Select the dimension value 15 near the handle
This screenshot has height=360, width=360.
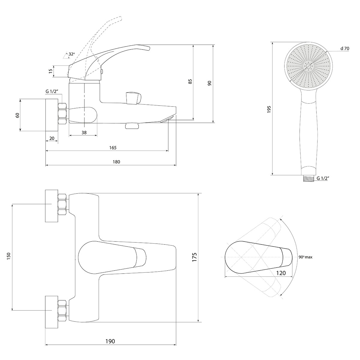[51, 71]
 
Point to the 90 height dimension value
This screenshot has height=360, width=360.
[210, 83]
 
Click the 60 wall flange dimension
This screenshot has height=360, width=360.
[17, 115]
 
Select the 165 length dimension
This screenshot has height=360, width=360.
[113, 147]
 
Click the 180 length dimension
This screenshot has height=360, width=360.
[116, 162]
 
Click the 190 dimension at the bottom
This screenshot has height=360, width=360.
[110, 341]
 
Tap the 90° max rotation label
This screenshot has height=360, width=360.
[305, 257]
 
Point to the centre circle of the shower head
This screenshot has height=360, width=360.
[309, 66]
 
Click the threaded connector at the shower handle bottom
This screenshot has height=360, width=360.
[308, 178]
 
